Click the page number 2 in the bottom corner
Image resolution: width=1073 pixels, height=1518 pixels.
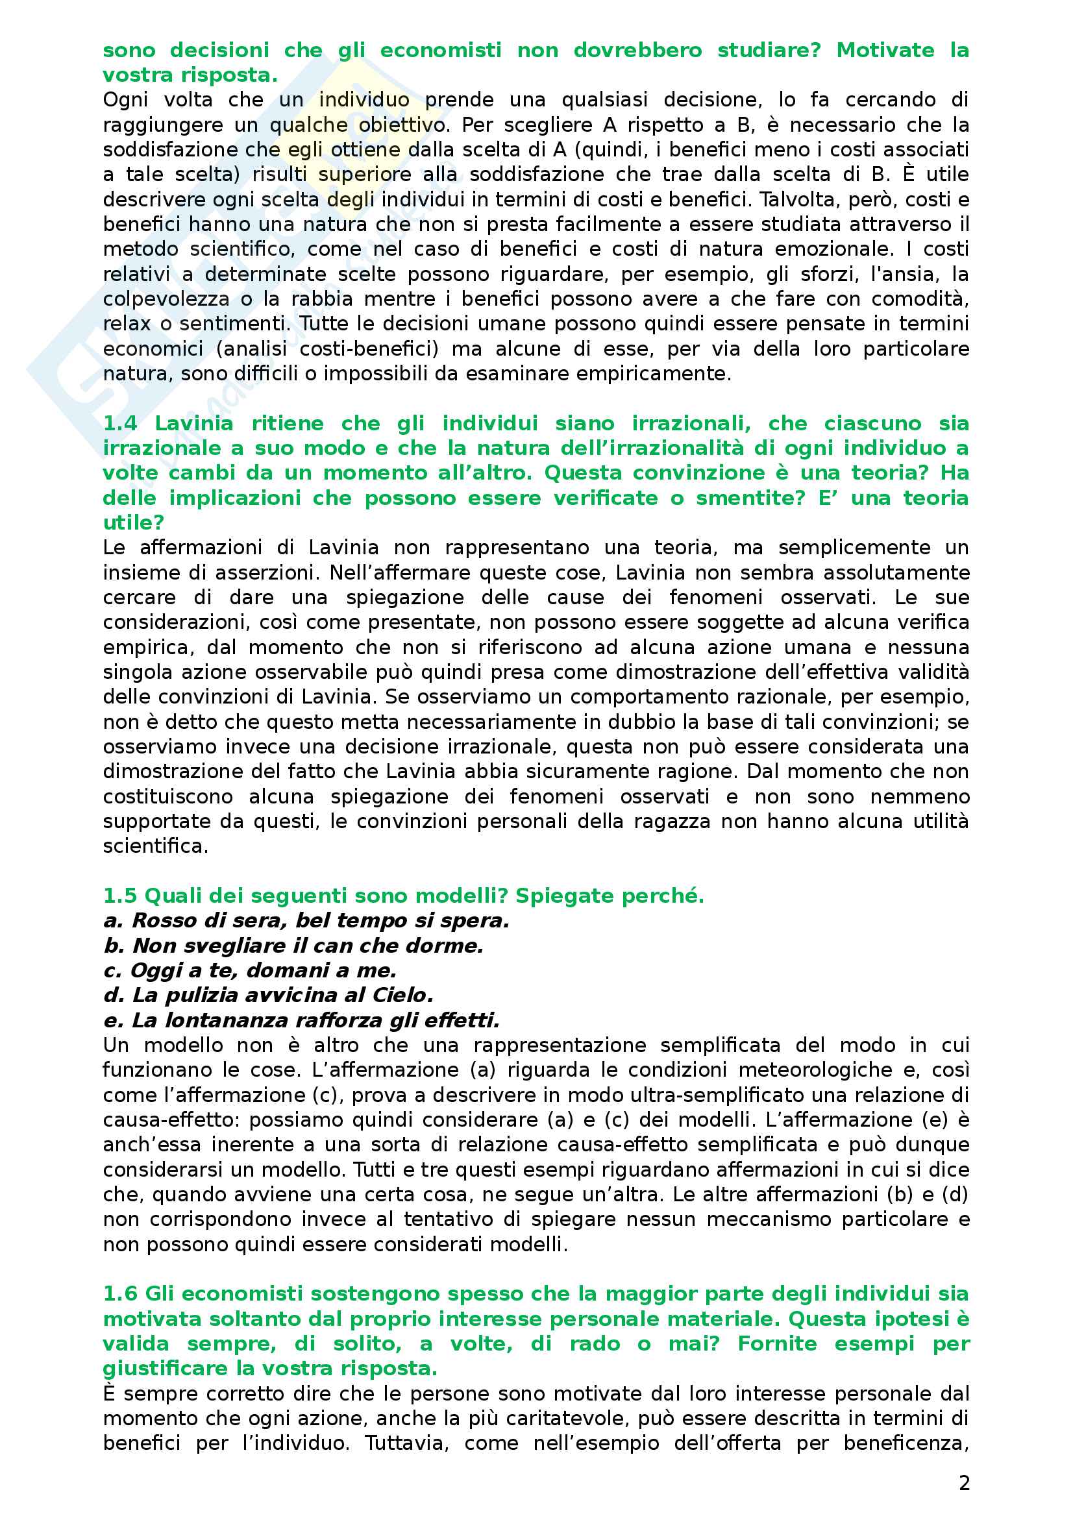click(x=964, y=1483)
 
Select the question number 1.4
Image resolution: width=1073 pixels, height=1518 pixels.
click(x=119, y=423)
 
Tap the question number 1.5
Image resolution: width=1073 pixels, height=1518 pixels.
click(x=119, y=895)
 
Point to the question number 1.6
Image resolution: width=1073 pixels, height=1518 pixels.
click(x=119, y=1293)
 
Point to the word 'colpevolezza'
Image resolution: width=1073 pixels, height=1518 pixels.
click(x=166, y=299)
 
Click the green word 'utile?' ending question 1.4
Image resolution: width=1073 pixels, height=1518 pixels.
click(x=133, y=522)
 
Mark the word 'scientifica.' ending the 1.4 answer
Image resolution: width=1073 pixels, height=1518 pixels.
click(x=155, y=846)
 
